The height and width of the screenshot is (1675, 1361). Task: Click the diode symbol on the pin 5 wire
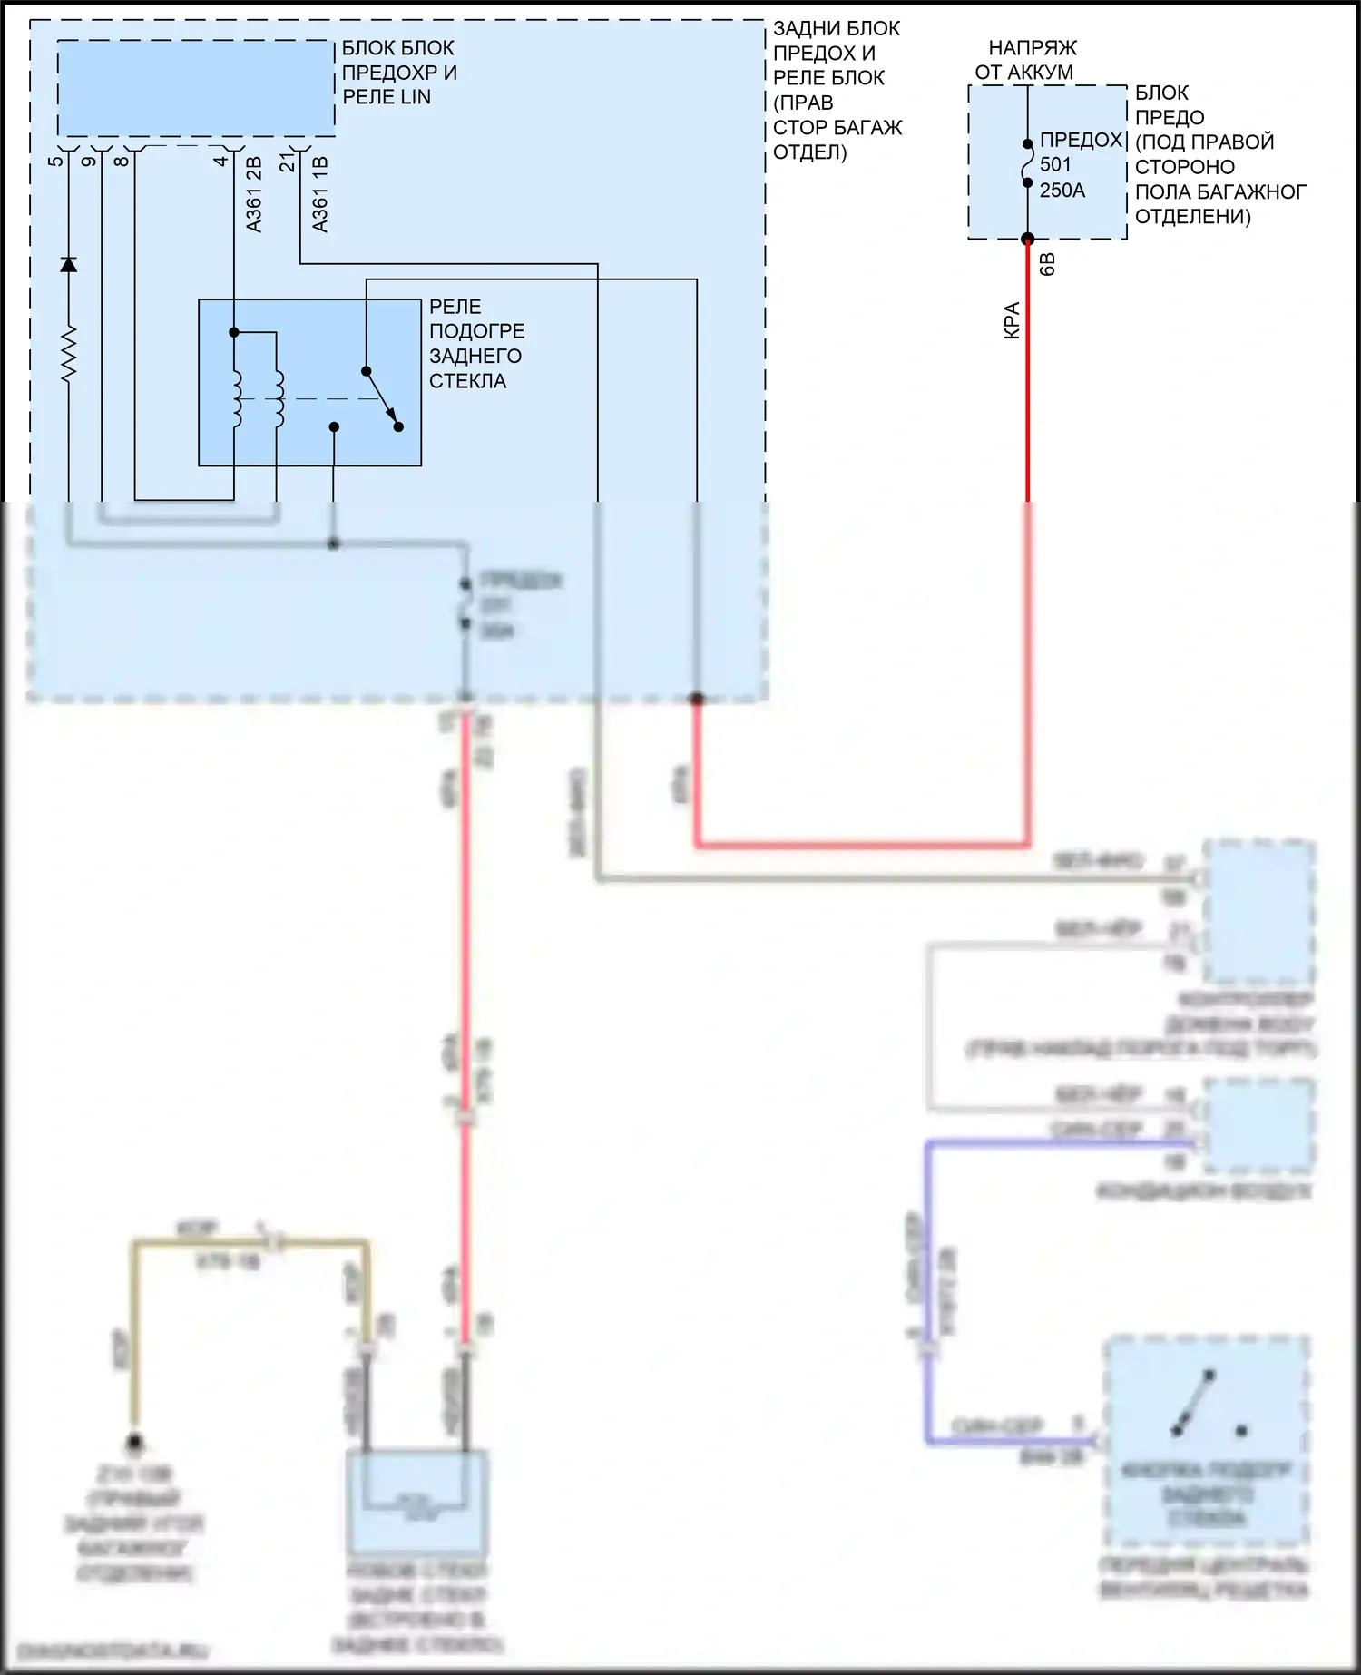[x=68, y=264]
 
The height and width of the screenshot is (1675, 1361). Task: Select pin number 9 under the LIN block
[x=88, y=162]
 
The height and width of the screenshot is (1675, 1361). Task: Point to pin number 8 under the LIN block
[x=121, y=162]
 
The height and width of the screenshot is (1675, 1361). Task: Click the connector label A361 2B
[x=254, y=194]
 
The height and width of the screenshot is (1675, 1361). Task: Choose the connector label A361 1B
[x=319, y=194]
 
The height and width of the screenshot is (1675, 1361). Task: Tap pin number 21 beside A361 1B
[x=287, y=162]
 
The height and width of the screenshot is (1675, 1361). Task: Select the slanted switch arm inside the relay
[x=381, y=397]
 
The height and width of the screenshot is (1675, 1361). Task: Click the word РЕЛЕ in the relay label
[x=455, y=307]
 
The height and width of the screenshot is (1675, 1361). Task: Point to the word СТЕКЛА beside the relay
[x=467, y=381]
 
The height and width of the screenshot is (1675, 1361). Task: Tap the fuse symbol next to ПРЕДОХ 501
[x=1028, y=163]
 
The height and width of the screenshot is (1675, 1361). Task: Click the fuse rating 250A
[x=1062, y=191]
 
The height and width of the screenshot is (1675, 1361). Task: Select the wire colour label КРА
[x=1012, y=320]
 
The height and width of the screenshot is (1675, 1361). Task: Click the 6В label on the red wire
[x=1046, y=265]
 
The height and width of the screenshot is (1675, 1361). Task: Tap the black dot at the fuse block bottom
[x=1028, y=240]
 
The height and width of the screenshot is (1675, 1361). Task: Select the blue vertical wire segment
[x=928, y=1288]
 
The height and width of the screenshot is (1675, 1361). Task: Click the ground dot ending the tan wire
[x=134, y=1442]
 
